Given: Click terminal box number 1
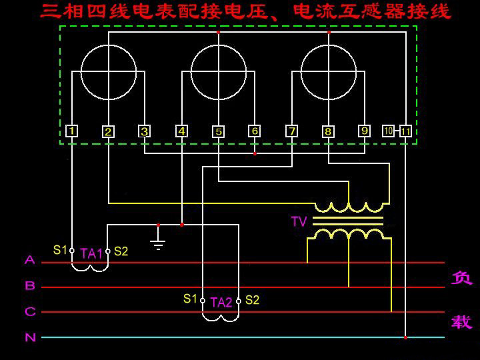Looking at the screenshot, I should click(x=72, y=131).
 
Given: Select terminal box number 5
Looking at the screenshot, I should click(x=219, y=131).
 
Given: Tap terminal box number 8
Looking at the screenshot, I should click(x=328, y=131).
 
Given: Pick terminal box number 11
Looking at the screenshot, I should click(x=405, y=131).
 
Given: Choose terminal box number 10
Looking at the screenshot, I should click(x=389, y=131).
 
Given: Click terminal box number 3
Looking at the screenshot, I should click(x=145, y=131).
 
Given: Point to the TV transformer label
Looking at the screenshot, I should click(x=299, y=221).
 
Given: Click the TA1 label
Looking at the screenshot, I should click(x=91, y=253).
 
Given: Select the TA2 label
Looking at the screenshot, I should click(x=221, y=302).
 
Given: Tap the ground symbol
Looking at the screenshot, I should click(x=158, y=243).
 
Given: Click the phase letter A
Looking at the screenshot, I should click(x=30, y=259).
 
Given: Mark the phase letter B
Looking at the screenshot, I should click(x=30, y=285).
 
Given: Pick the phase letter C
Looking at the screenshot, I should click(x=30, y=311).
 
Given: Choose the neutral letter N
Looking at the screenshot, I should click(x=30, y=337).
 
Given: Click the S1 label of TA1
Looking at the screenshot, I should click(x=60, y=250).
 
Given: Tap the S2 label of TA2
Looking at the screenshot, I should click(x=252, y=299).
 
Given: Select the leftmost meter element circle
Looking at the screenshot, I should click(x=109, y=72).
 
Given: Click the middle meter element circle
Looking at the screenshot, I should click(x=219, y=72).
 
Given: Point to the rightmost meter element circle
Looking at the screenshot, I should click(x=329, y=72).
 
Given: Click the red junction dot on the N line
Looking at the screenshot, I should click(x=405, y=337).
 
